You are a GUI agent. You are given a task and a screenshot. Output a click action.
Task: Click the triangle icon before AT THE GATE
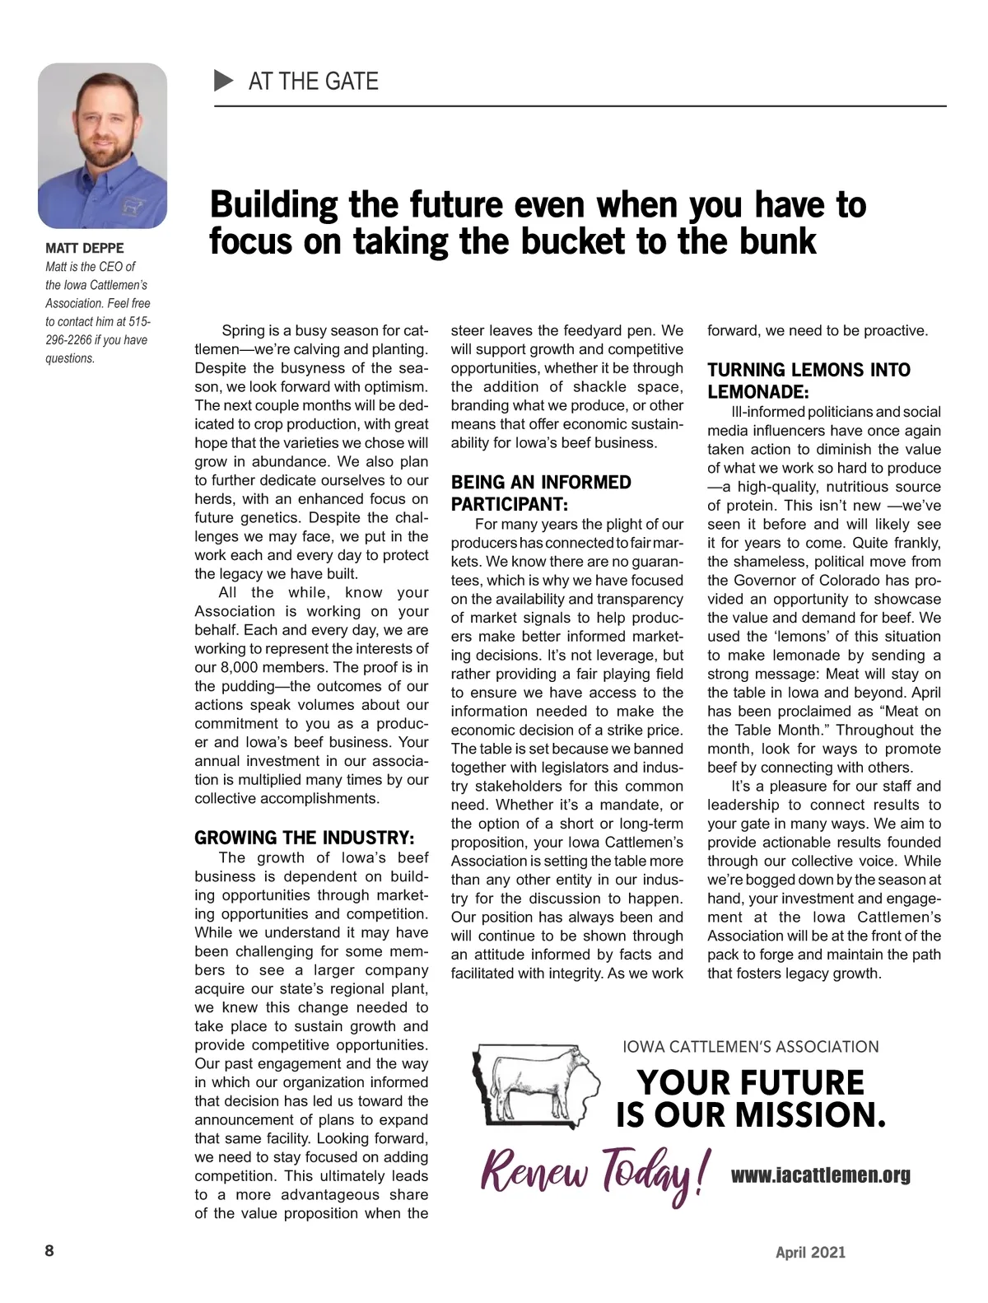[x=223, y=81]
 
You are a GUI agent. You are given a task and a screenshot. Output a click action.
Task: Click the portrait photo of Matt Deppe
[x=102, y=146]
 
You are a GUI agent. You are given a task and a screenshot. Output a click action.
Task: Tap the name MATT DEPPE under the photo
[x=85, y=248]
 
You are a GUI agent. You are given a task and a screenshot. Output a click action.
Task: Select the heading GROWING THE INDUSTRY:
[x=304, y=838]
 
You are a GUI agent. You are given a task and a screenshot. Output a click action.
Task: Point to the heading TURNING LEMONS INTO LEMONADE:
[x=809, y=381]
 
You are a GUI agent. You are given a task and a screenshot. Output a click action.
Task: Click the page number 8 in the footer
[x=49, y=1251]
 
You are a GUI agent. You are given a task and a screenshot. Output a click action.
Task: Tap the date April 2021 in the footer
[x=810, y=1252]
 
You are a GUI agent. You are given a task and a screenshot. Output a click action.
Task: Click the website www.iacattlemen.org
[x=820, y=1175]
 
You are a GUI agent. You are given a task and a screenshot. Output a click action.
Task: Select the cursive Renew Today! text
[x=593, y=1173]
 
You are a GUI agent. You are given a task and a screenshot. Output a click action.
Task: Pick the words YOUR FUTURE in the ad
[x=751, y=1082]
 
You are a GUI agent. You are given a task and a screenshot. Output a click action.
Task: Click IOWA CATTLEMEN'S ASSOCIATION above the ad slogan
[x=750, y=1047]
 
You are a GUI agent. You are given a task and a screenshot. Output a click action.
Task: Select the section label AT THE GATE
[x=313, y=81]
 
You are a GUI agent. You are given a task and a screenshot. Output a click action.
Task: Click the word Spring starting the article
[x=243, y=331]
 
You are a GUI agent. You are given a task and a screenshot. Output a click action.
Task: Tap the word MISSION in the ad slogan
[x=810, y=1115]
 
